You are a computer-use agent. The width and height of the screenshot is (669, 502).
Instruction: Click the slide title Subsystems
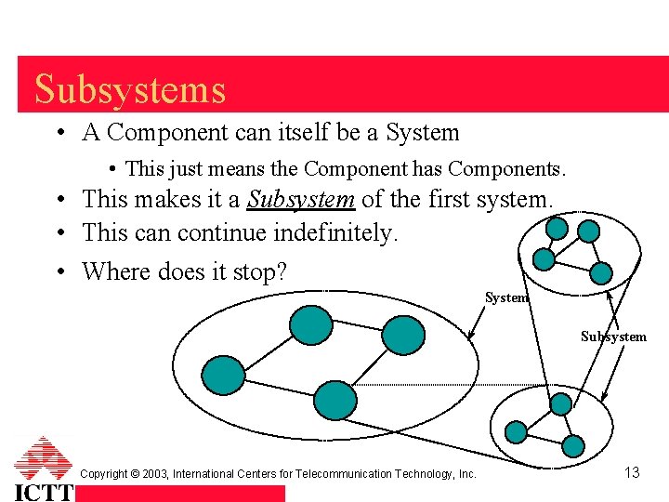point(130,89)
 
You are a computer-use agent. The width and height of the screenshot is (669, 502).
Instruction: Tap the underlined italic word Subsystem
point(301,199)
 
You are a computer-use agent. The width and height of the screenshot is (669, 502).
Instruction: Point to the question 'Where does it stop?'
point(184,271)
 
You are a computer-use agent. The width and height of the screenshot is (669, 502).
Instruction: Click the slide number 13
point(632,473)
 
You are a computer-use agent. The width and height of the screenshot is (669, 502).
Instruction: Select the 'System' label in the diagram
point(506,298)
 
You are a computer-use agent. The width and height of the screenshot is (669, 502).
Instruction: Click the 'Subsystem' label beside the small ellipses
point(613,337)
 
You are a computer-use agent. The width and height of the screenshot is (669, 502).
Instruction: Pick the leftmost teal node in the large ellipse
point(225,374)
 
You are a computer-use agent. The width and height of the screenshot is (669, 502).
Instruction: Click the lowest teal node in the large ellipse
point(335,400)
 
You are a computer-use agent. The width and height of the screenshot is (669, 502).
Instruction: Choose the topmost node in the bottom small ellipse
point(560,403)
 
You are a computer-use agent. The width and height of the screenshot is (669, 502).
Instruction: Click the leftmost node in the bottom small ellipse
point(516,431)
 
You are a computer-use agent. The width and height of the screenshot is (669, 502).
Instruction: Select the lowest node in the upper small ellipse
point(601,272)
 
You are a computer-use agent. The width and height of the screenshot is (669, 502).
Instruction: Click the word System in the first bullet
point(422,133)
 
